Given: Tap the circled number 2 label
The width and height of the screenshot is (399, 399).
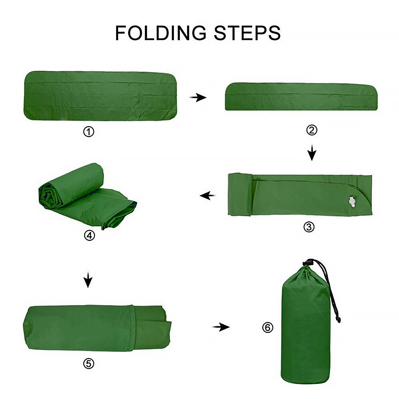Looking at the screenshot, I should click(312, 130).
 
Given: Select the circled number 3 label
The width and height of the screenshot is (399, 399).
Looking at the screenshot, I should click(309, 227).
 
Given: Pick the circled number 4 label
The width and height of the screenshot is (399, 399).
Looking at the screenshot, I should click(90, 235).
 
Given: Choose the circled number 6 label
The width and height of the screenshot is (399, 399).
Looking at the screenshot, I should click(268, 328).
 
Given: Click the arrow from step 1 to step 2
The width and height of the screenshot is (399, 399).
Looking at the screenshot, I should click(198, 97).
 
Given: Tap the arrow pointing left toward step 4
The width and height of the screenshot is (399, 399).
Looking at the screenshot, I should click(207, 196).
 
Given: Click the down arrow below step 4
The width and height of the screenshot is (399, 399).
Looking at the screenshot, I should click(88, 280).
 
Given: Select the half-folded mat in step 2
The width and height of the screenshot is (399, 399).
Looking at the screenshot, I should click(301, 97).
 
